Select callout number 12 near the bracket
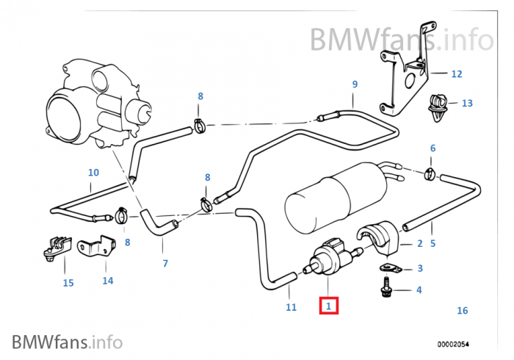pos(456,73)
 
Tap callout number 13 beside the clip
pos(467,103)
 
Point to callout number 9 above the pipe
pos(355,84)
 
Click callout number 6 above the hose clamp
pos(432,148)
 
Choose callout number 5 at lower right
pos(432,244)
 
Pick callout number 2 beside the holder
pos(419,244)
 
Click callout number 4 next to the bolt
pos(419,290)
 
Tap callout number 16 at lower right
pos(462,311)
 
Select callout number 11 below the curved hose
pos(291,307)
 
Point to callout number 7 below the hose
pos(165,263)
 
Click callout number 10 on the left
pos(93,173)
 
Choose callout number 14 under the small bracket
pos(108,280)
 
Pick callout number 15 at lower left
pos(68,283)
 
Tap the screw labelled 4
pos(386,287)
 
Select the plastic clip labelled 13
pos(439,107)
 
